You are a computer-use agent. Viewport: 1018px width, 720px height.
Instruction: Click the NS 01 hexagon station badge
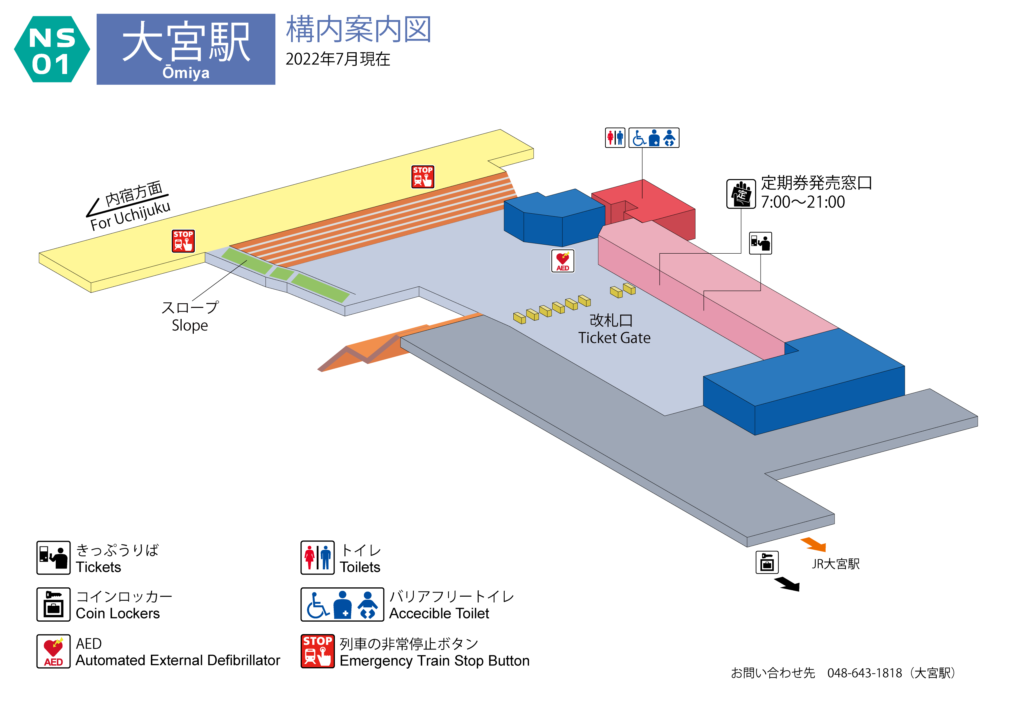click(52, 49)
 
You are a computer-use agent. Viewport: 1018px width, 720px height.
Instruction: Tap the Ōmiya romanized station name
click(186, 72)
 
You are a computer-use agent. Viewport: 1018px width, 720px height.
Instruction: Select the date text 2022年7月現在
click(337, 59)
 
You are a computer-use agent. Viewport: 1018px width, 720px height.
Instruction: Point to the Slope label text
click(190, 325)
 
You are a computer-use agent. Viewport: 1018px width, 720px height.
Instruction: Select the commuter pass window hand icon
click(741, 194)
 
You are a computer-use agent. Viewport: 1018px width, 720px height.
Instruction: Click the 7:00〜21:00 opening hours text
click(802, 202)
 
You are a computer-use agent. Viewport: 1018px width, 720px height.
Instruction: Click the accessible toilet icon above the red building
click(654, 138)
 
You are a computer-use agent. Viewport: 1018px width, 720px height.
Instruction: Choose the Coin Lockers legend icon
click(53, 604)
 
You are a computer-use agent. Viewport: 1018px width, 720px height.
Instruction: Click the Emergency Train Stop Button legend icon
click(317, 651)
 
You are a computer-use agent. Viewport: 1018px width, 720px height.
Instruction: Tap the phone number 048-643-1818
click(864, 673)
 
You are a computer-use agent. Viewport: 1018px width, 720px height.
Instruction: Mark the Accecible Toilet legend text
click(439, 613)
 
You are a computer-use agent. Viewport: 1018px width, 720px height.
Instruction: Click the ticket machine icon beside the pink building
click(760, 243)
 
